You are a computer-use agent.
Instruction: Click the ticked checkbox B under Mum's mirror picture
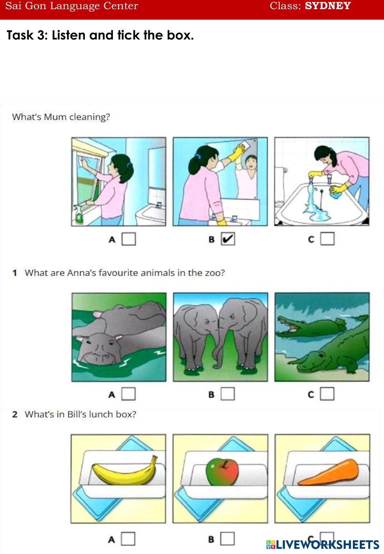point(228,239)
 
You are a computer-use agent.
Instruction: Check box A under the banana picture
point(128,539)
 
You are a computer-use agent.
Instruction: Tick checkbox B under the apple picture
point(228,539)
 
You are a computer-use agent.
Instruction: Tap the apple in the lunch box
point(222,472)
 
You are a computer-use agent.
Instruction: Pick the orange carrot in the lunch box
point(328,472)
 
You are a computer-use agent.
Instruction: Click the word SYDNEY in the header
point(328,6)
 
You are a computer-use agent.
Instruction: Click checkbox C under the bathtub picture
point(327,239)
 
